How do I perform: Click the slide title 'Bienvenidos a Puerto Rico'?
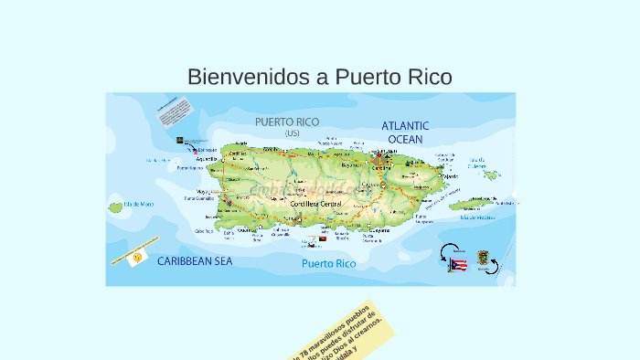[x=319, y=77]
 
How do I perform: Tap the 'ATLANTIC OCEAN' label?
[x=405, y=132]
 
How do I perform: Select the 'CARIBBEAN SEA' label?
[x=195, y=261]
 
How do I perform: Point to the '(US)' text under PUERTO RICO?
[x=292, y=133]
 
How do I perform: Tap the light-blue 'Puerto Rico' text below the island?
[x=328, y=264]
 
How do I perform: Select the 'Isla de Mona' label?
[x=139, y=203]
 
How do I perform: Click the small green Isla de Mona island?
[x=116, y=207]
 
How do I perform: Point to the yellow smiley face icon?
[x=136, y=259]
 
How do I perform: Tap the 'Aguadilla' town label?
[x=207, y=158]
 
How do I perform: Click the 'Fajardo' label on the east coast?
[x=449, y=177]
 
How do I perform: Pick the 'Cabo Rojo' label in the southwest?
[x=203, y=231]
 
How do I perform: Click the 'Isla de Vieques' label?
[x=478, y=217]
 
